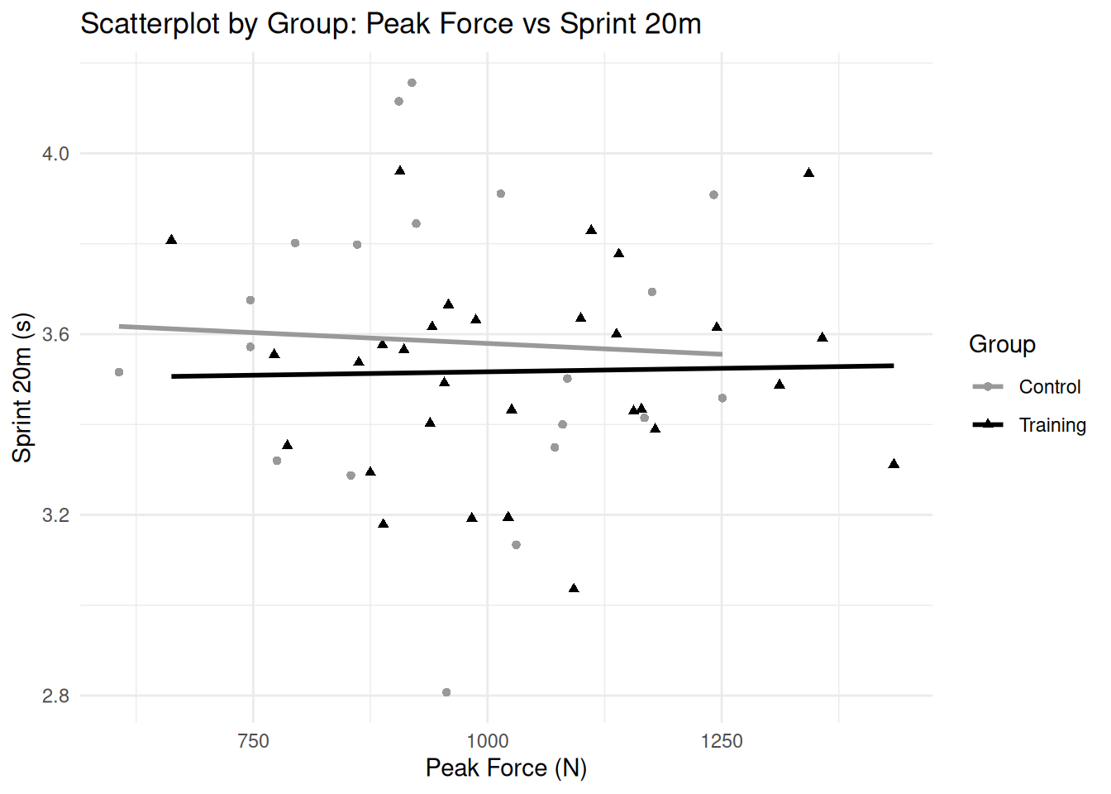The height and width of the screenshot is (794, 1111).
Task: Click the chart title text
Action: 390,23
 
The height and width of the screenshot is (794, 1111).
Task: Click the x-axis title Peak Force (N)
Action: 506,768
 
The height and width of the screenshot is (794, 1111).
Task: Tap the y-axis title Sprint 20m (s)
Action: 22,387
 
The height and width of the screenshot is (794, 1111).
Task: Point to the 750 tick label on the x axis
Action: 253,741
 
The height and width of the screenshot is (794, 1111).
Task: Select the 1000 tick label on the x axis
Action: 487,741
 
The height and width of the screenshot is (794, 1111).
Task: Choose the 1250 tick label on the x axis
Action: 722,741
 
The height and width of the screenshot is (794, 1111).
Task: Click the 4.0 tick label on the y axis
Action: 55,154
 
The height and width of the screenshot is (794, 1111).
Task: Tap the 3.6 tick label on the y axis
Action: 55,334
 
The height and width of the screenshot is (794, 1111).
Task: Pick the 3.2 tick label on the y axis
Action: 55,515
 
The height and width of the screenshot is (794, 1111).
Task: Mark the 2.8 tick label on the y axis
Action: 55,696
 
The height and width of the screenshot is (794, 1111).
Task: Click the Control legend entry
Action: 1049,387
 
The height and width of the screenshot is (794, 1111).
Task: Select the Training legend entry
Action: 1051,425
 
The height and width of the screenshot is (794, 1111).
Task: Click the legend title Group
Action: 1002,344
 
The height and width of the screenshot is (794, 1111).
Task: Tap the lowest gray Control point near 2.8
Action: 446,692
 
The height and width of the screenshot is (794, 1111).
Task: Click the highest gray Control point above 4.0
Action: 412,83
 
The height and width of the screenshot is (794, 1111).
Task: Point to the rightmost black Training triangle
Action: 894,464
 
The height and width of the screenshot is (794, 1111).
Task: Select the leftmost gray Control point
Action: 119,372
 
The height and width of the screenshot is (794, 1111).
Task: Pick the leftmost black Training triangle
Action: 171,240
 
